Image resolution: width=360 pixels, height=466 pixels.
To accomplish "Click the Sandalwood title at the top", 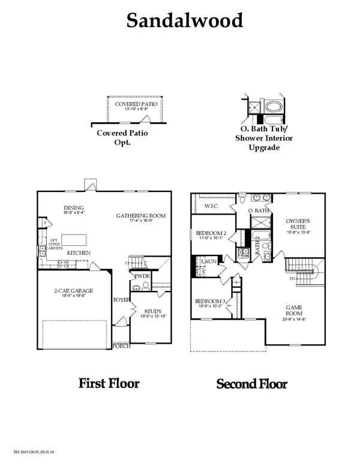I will pyautogui.click(x=185, y=20).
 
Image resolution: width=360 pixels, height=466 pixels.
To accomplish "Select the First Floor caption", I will pyautogui.click(x=109, y=383).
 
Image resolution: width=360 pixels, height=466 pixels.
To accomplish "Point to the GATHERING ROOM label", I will pyautogui.click(x=140, y=216).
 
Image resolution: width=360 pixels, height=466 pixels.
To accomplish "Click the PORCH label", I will pyautogui.click(x=122, y=346).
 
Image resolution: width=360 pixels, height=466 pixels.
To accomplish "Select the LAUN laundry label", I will pyautogui.click(x=209, y=261).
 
